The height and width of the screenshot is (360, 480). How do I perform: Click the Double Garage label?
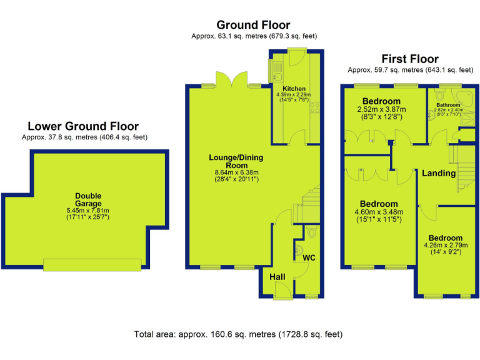87,196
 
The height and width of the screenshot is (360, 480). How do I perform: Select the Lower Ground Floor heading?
82,126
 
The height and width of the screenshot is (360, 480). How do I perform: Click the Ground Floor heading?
253,25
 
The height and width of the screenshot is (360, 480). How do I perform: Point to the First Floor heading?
410,59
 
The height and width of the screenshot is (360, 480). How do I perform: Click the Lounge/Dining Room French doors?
231,81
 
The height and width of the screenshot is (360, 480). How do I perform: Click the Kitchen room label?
294,89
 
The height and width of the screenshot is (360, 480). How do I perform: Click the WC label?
309,257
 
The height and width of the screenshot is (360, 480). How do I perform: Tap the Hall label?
277,276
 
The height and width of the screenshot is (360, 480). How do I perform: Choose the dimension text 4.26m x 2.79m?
446,246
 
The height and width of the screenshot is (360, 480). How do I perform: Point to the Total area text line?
238,334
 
